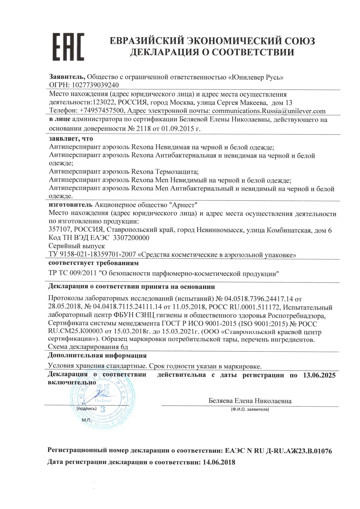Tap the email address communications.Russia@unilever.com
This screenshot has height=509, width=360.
pyautogui.click(x=269, y=111)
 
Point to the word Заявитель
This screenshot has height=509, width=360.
pyautogui.click(x=66, y=77)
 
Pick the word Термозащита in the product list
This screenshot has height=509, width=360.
pyautogui.click(x=177, y=172)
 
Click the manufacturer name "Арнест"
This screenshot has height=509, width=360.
pyautogui.click(x=183, y=205)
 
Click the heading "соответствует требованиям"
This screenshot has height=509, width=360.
pyautogui.click(x=93, y=263)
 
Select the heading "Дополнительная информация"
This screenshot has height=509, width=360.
pyautogui.click(x=97, y=356)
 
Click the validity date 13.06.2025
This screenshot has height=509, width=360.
pyautogui.click(x=319, y=375)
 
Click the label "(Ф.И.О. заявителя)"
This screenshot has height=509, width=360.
pyautogui.click(x=250, y=410)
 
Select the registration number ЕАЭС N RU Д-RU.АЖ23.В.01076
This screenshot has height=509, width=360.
pyautogui.click(x=278, y=451)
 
